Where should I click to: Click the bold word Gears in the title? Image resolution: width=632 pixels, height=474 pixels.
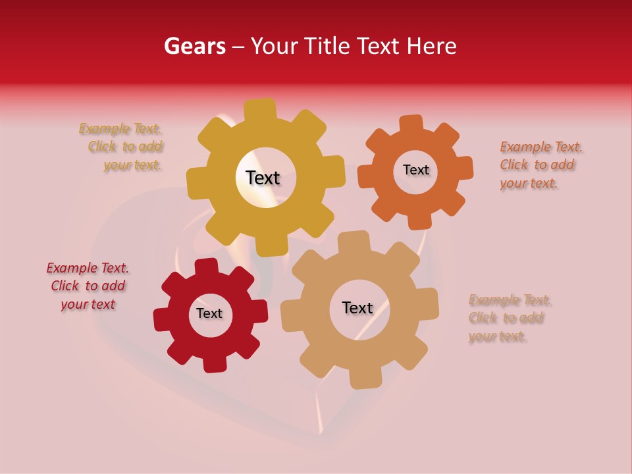pyautogui.click(x=194, y=46)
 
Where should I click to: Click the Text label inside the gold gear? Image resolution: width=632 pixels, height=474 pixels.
pyautogui.click(x=263, y=178)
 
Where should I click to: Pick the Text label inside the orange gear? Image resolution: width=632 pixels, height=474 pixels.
pyautogui.click(x=415, y=170)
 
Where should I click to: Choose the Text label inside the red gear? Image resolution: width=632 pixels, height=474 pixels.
pyautogui.click(x=209, y=313)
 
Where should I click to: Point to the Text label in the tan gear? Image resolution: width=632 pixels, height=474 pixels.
pyautogui.click(x=357, y=307)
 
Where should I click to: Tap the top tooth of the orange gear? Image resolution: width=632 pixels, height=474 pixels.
pyautogui.click(x=411, y=124)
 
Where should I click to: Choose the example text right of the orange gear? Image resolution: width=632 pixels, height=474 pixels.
pyautogui.click(x=540, y=165)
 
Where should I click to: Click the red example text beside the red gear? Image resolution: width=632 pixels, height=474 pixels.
pyautogui.click(x=88, y=286)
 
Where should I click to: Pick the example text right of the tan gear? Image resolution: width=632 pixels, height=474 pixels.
pyautogui.click(x=508, y=318)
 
